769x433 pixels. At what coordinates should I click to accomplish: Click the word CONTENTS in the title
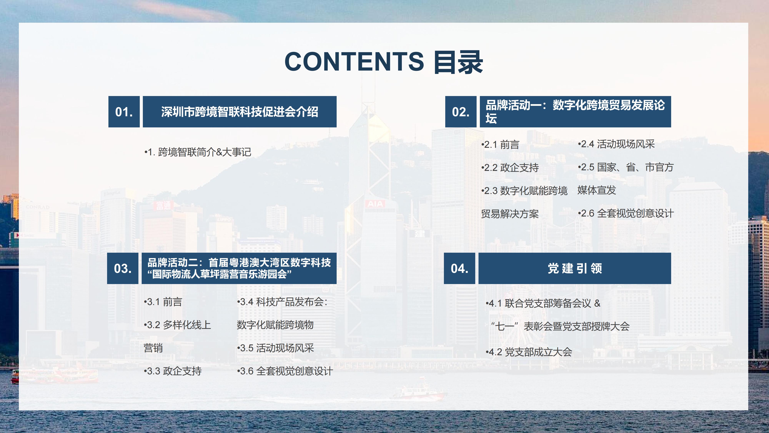click(354, 62)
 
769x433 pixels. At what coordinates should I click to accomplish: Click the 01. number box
click(124, 112)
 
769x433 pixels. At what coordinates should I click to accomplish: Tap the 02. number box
click(461, 112)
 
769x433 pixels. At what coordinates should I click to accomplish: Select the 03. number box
click(123, 268)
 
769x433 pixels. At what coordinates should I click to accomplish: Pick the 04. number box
click(459, 268)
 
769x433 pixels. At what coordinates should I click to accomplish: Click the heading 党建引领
click(575, 268)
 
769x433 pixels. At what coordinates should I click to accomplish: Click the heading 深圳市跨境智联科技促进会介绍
click(239, 112)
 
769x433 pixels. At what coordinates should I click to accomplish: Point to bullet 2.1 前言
click(500, 145)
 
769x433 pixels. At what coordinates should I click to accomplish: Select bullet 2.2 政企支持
click(510, 168)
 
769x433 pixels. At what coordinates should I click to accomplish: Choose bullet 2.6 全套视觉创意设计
click(626, 213)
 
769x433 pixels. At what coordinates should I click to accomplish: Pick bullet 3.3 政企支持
click(173, 371)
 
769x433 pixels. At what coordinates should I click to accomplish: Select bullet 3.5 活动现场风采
click(275, 348)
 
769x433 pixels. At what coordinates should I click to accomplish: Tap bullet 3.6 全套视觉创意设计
click(285, 371)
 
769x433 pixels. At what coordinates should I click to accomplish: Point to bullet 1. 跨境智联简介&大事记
click(198, 152)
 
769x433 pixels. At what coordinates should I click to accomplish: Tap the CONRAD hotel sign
click(38, 207)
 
